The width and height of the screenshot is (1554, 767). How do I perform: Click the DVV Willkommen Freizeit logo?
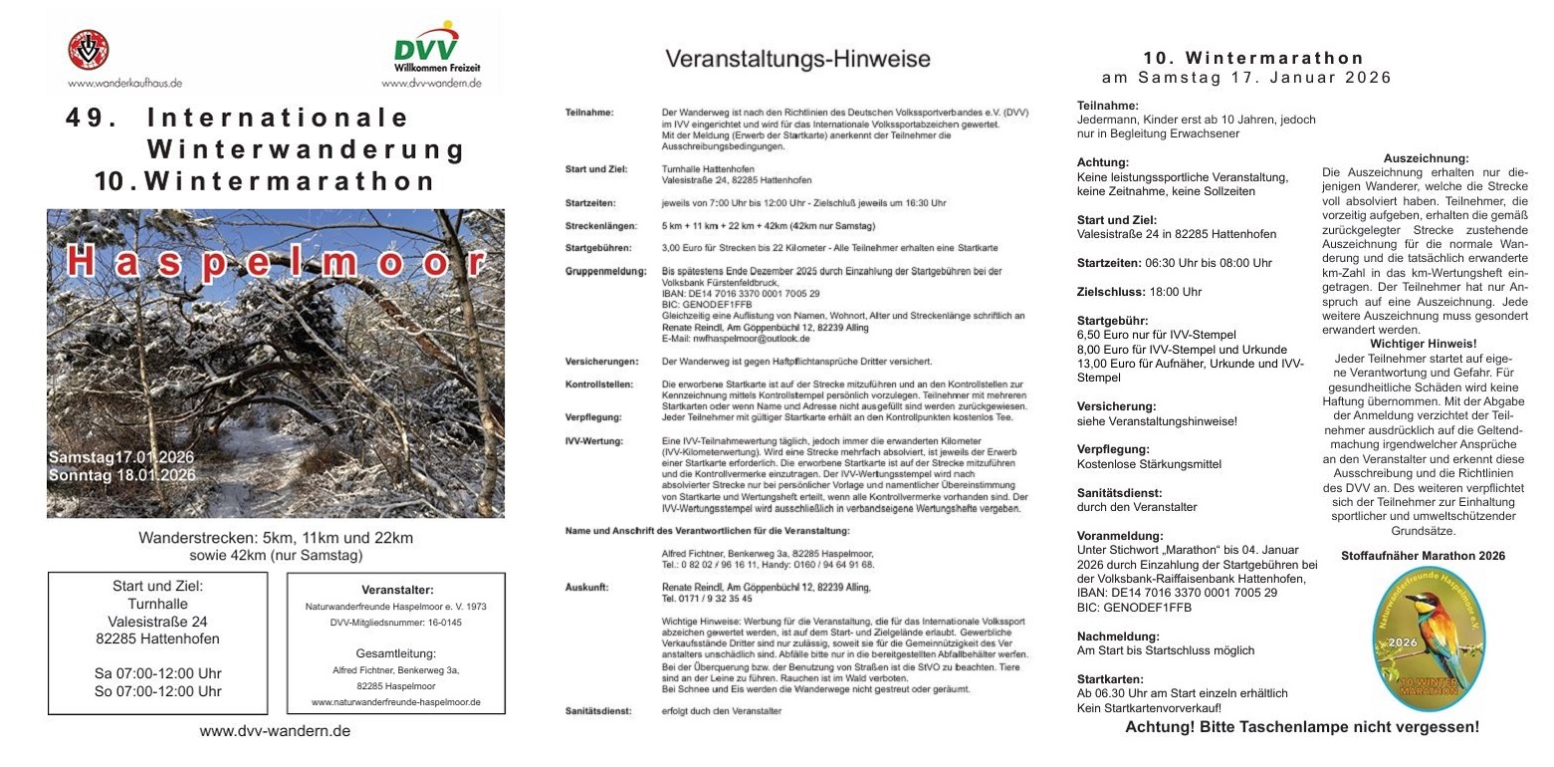(x=429, y=50)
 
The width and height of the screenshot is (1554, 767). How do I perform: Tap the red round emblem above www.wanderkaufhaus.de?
(x=88, y=49)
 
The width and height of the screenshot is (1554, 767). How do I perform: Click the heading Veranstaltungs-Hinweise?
(x=797, y=59)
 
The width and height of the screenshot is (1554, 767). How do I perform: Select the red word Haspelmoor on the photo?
(x=277, y=261)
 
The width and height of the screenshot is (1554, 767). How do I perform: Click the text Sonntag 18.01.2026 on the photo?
(x=121, y=475)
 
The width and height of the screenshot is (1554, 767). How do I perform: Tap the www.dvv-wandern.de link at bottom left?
(x=275, y=731)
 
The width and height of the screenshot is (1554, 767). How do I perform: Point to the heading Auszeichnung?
(x=1426, y=158)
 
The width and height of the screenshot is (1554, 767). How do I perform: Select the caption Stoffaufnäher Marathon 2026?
(x=1423, y=556)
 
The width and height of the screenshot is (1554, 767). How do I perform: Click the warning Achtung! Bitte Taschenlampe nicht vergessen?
(x=1301, y=727)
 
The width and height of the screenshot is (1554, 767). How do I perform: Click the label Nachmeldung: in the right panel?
(x=1118, y=636)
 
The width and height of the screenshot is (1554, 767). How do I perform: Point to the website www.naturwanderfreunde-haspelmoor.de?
(x=395, y=702)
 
